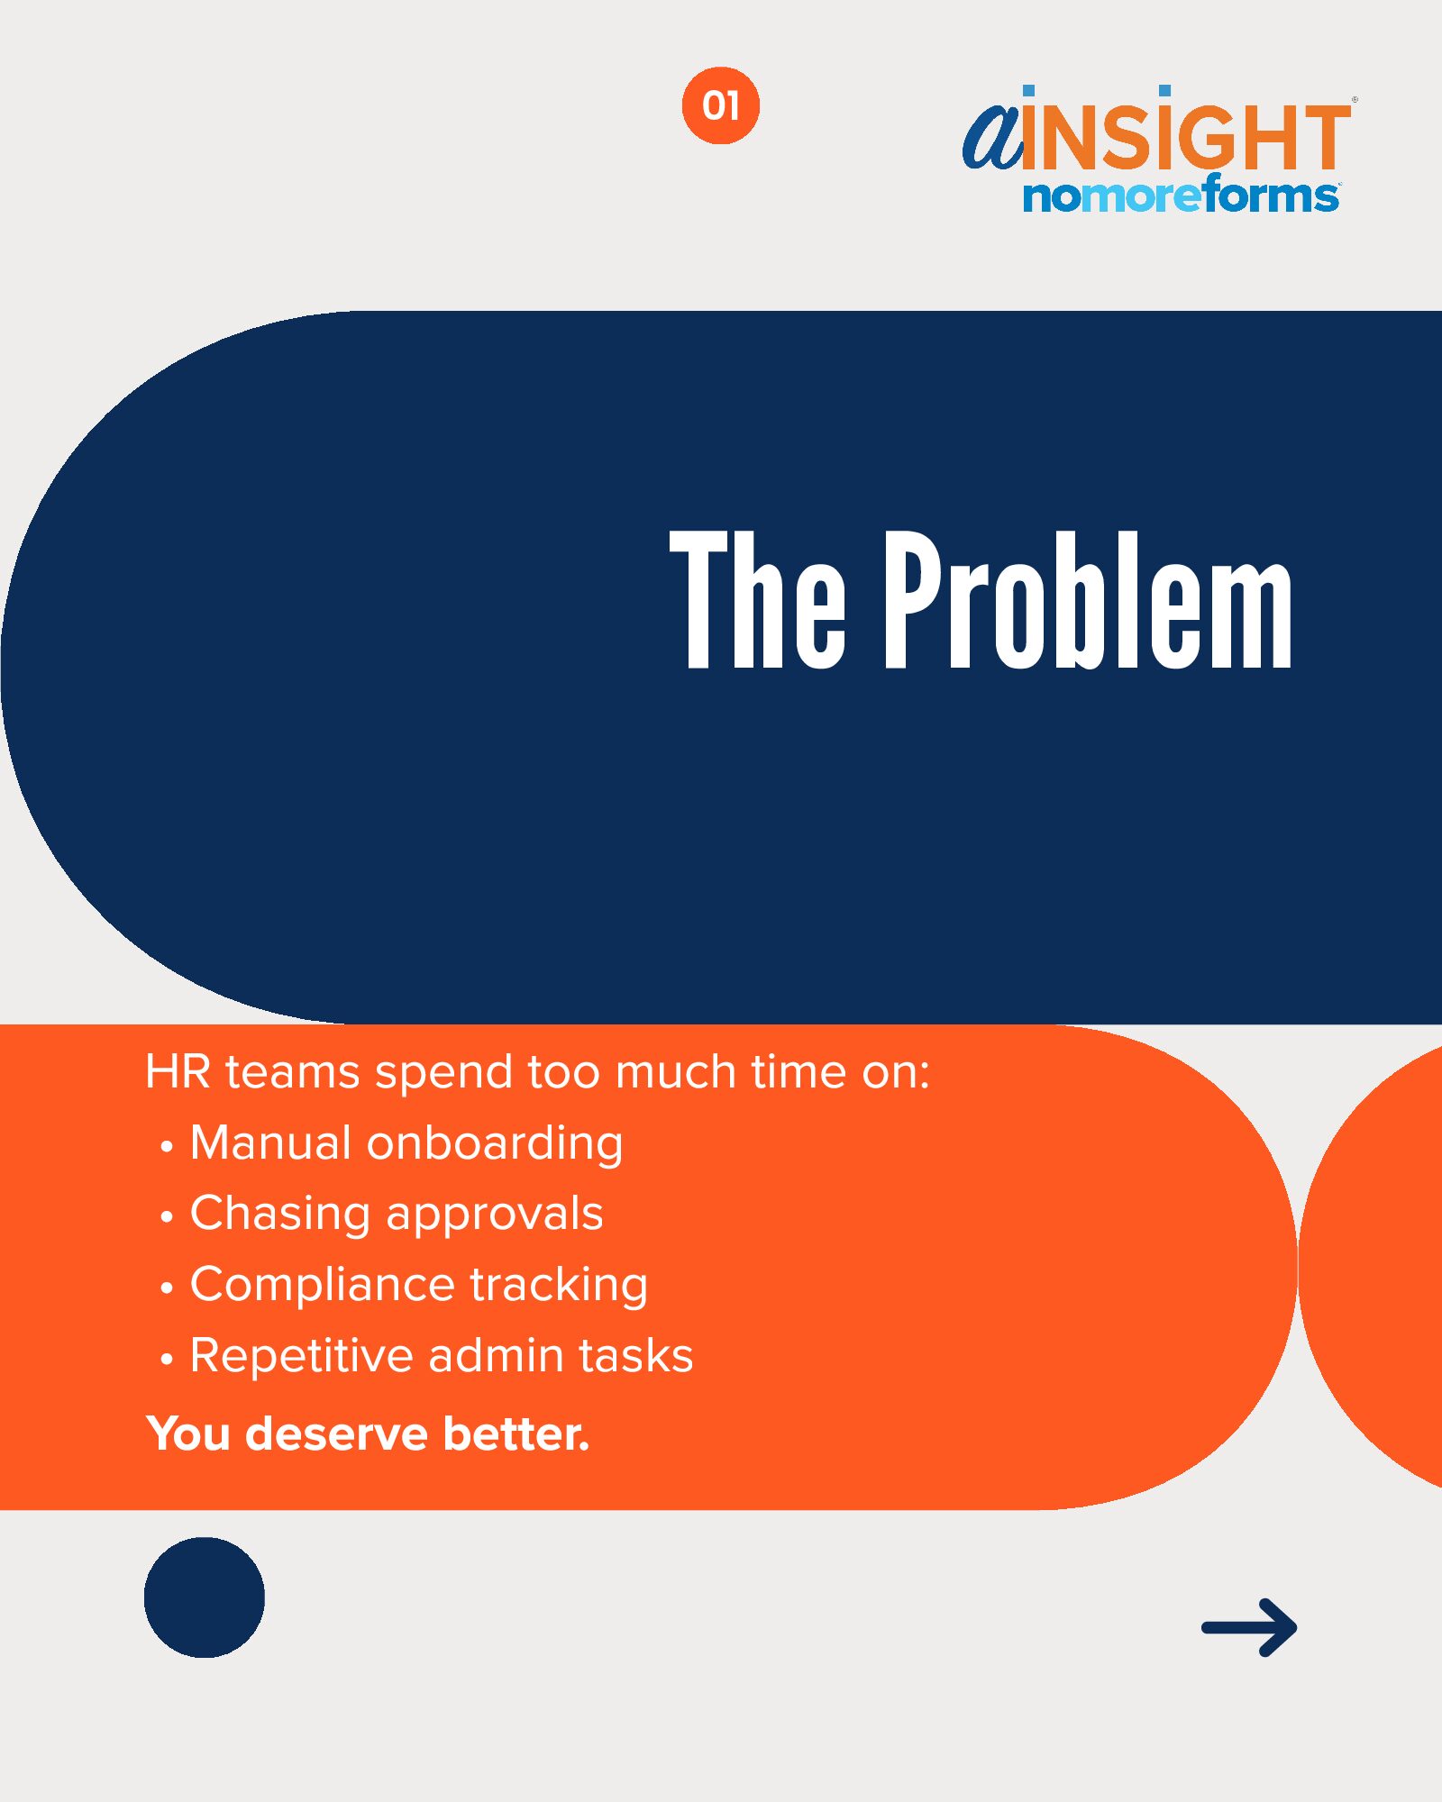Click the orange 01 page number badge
(x=720, y=105)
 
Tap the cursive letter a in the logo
(x=992, y=136)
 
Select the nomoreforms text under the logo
(x=1181, y=196)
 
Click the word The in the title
(x=758, y=599)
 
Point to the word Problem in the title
(x=1088, y=599)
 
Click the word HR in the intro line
(x=178, y=1072)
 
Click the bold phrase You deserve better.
(x=369, y=1433)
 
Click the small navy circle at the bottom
(x=205, y=1597)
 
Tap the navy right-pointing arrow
(x=1249, y=1627)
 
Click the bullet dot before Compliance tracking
(x=166, y=1288)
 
